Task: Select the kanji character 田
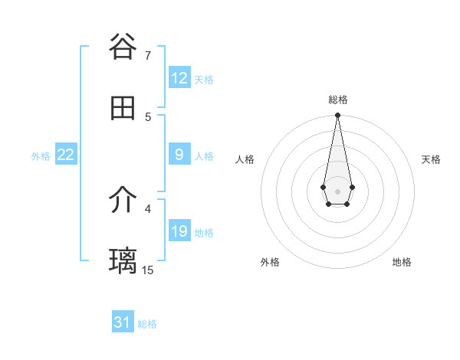[123, 108]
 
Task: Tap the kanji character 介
[123, 201]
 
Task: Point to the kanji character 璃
[123, 261]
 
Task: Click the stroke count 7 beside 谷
[148, 56]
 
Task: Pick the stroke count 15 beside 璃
[148, 270]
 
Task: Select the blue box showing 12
[179, 78]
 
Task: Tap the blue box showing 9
[179, 155]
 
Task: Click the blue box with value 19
[179, 231]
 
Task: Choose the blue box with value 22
[66, 155]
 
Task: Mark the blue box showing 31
[123, 322]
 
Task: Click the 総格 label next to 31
[147, 324]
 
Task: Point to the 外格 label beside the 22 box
[41, 156]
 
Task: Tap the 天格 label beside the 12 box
[204, 80]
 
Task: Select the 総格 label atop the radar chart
[338, 100]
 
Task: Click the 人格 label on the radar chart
[245, 159]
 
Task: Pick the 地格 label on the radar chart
[402, 262]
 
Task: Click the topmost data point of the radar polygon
[337, 116]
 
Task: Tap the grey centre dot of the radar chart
[337, 191]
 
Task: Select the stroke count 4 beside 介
[148, 208]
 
